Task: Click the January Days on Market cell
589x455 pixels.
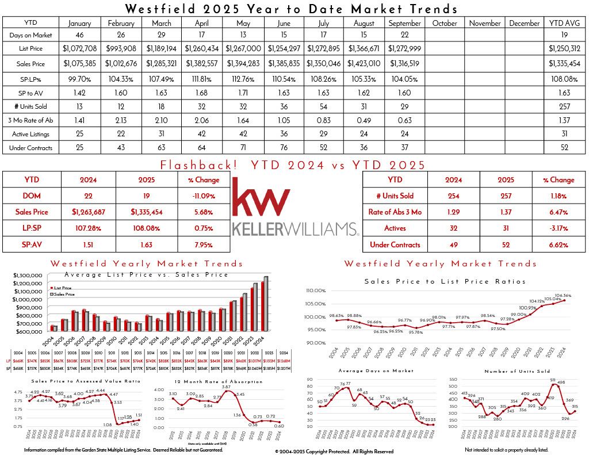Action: [79, 36]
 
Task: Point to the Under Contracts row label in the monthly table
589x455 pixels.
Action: [30, 148]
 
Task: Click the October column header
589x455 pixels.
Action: [444, 24]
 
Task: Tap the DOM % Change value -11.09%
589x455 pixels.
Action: [204, 196]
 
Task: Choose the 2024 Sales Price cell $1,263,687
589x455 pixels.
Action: [89, 212]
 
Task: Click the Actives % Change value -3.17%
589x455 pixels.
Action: [558, 228]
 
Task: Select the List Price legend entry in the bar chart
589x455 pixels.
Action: [62, 287]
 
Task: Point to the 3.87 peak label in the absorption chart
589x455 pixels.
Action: [226, 387]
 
